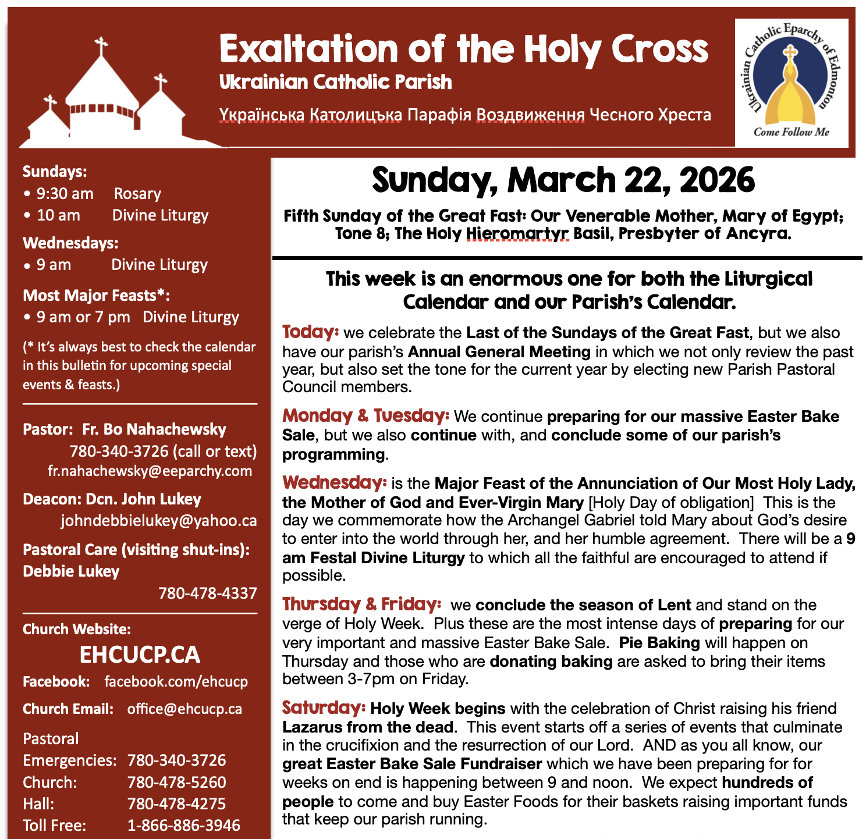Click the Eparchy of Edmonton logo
coord(791,83)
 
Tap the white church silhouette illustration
coord(111,102)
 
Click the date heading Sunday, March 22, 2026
coord(563,180)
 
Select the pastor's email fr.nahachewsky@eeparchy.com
coord(150,471)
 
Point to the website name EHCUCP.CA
coord(140,655)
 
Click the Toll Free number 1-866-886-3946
coord(183,826)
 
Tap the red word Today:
coord(310,332)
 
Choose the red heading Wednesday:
coord(334,483)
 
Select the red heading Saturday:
coord(324,708)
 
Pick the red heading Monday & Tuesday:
coord(365,416)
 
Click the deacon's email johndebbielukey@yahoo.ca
coord(158,521)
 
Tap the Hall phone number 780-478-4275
coord(176,804)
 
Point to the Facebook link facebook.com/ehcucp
coord(176,682)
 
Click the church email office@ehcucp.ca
coord(184,709)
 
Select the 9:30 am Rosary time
coord(65,194)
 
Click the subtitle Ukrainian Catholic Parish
coord(335,83)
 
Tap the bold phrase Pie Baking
coord(659,643)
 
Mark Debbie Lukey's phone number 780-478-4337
coord(207,593)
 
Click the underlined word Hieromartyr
coord(517,234)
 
